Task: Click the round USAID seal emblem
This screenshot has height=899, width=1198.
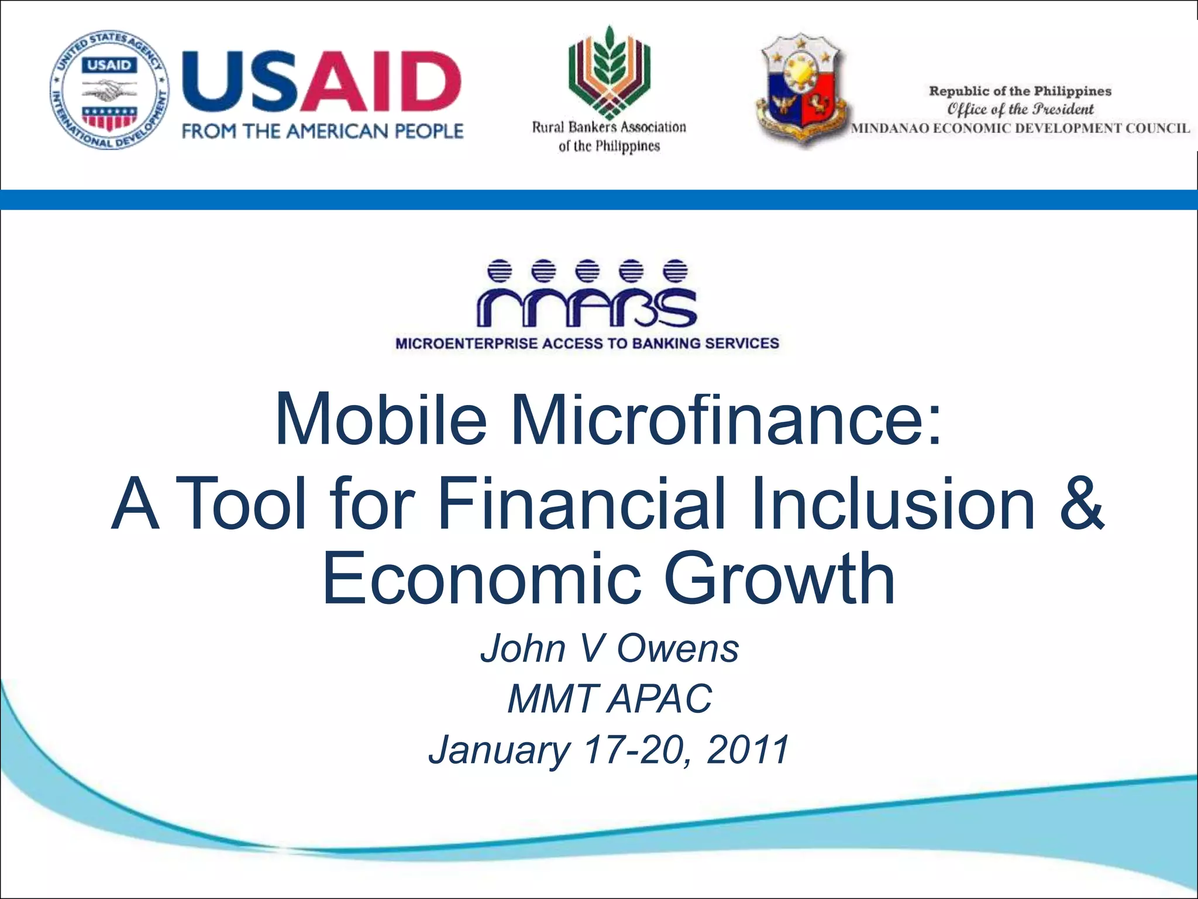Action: pyautogui.click(x=109, y=90)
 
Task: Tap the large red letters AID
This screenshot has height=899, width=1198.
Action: pyautogui.click(x=386, y=82)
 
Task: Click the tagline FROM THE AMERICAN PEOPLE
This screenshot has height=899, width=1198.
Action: pyautogui.click(x=322, y=131)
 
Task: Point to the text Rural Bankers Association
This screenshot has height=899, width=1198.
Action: pyautogui.click(x=609, y=127)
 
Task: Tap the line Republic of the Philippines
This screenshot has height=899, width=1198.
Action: pyautogui.click(x=1020, y=91)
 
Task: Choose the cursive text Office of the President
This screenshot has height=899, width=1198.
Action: pyautogui.click(x=1020, y=109)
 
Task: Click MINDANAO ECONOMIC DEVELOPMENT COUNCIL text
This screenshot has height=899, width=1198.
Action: pyautogui.click(x=1020, y=128)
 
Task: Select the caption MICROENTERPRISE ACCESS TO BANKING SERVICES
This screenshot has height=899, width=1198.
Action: pyautogui.click(x=587, y=344)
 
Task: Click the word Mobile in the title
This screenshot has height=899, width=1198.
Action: pyautogui.click(x=381, y=419)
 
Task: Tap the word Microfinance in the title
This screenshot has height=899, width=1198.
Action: pyautogui.click(x=725, y=419)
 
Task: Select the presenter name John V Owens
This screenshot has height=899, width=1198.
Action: pyautogui.click(x=610, y=648)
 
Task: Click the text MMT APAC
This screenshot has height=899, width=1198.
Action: pyautogui.click(x=610, y=699)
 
